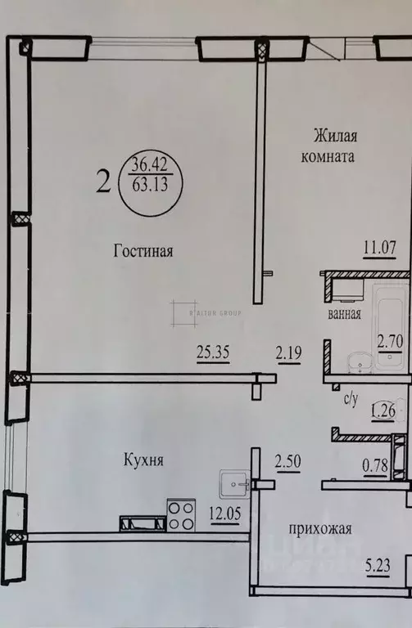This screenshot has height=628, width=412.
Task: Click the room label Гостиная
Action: point(143,251)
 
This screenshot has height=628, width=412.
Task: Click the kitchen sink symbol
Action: point(238,485)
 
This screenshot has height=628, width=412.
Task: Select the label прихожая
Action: point(320,529)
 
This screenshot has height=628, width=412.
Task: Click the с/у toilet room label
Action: point(350,400)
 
